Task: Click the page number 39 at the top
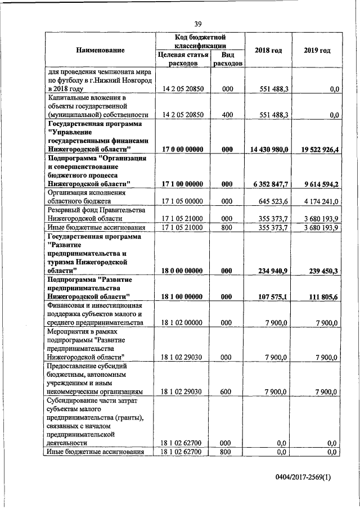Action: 198,24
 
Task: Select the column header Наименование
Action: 100,51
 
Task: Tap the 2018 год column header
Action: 268,51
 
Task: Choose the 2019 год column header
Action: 317,51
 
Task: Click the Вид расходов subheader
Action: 227,59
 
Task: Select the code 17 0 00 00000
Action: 182,149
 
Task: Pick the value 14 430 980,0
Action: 269,149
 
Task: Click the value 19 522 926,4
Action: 317,149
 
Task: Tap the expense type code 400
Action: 227,115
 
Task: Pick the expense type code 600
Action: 227,392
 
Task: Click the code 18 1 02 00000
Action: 182,322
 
